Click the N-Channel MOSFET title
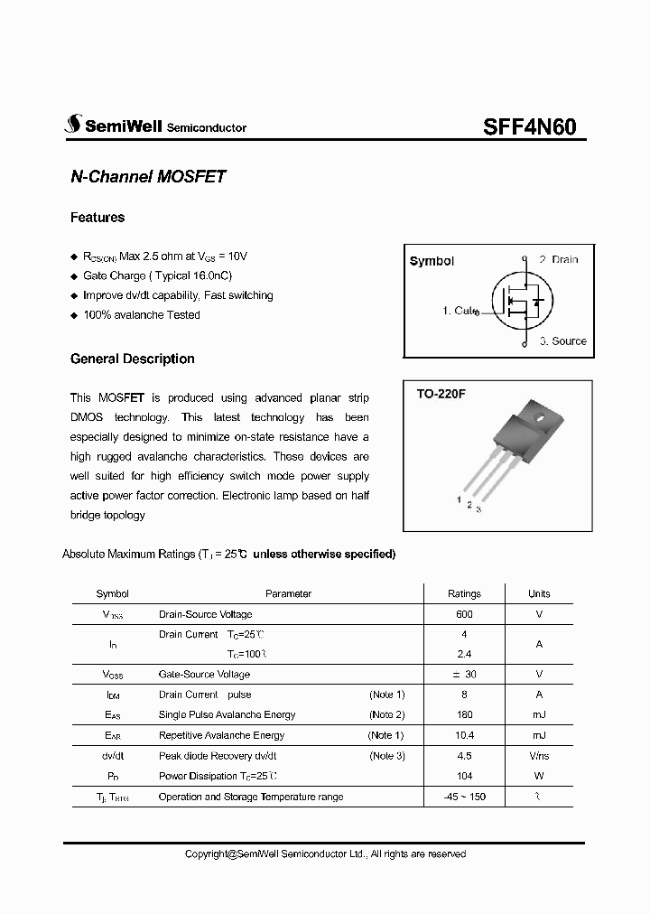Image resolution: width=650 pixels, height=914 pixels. [x=148, y=177]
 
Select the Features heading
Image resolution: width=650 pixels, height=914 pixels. [x=97, y=218]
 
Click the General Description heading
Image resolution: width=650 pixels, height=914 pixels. [x=133, y=359]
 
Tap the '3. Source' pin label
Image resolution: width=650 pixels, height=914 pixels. [x=563, y=341]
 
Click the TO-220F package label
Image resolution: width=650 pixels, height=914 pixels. [x=440, y=394]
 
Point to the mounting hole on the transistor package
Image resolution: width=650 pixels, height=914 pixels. [x=538, y=418]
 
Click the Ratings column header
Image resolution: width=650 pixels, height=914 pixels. [x=464, y=593]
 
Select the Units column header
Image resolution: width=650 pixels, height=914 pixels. [x=539, y=593]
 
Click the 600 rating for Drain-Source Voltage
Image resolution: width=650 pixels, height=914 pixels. [x=464, y=614]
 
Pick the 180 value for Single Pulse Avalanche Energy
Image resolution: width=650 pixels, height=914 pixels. [x=464, y=714]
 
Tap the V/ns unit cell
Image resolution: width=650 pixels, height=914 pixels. [x=539, y=756]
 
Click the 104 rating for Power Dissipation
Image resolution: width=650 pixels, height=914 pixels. [x=464, y=776]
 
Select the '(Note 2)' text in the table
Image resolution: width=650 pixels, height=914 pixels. [x=386, y=714]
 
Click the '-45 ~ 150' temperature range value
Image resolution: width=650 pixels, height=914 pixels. [x=464, y=797]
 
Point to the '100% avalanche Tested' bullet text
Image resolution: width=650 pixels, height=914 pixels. [x=142, y=315]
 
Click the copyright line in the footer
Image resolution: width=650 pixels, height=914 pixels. [x=325, y=853]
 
